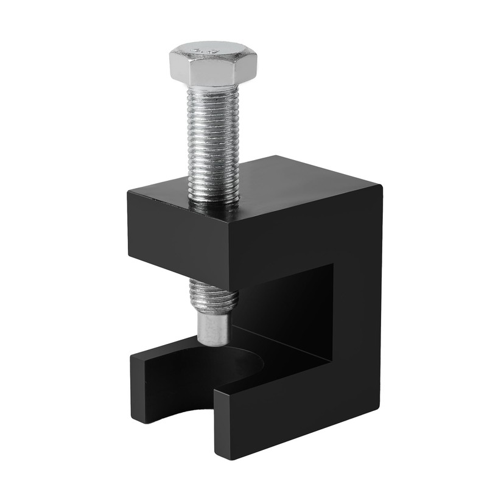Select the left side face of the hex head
pyautogui.click(x=179, y=68)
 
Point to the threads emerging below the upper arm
pyautogui.click(x=213, y=295)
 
